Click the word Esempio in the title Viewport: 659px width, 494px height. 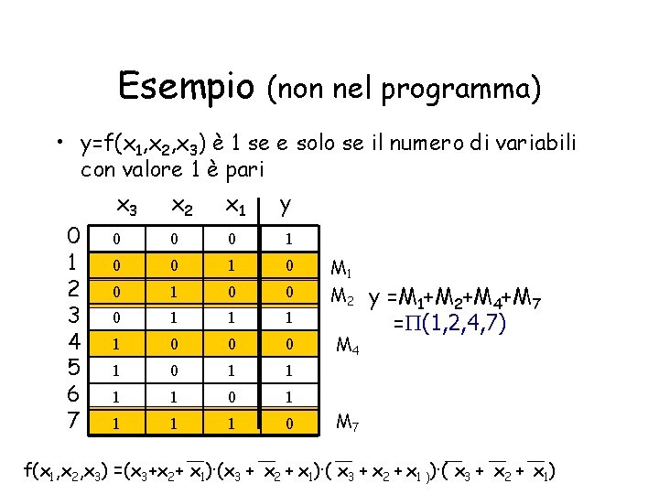point(186,87)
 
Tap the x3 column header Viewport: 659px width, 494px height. point(128,208)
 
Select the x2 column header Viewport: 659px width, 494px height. point(183,208)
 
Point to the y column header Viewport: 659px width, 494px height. point(286,206)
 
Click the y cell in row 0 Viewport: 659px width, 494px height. point(288,239)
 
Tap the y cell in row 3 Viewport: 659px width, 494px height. point(288,318)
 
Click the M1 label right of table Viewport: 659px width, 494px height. point(341,269)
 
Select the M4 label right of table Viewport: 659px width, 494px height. point(348,346)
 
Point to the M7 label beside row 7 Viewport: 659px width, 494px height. point(347,423)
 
